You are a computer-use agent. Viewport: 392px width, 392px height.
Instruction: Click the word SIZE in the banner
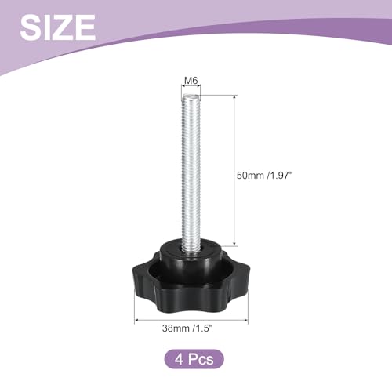58,27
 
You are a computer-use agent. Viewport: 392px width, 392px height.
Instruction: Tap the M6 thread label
191,81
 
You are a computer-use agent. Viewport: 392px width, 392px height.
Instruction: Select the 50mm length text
250,176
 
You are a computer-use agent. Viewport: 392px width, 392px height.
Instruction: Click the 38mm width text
176,328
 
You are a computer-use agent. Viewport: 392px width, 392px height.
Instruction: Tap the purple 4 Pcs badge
194,359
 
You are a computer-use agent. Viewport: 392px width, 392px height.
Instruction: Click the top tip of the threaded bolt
191,95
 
